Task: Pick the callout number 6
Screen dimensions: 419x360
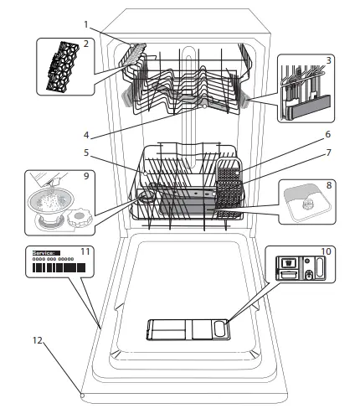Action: [x=328, y=134]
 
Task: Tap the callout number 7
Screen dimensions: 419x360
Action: [x=328, y=153]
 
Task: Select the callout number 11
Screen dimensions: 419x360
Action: [x=84, y=251]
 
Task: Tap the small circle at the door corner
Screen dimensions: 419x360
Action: [x=81, y=392]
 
